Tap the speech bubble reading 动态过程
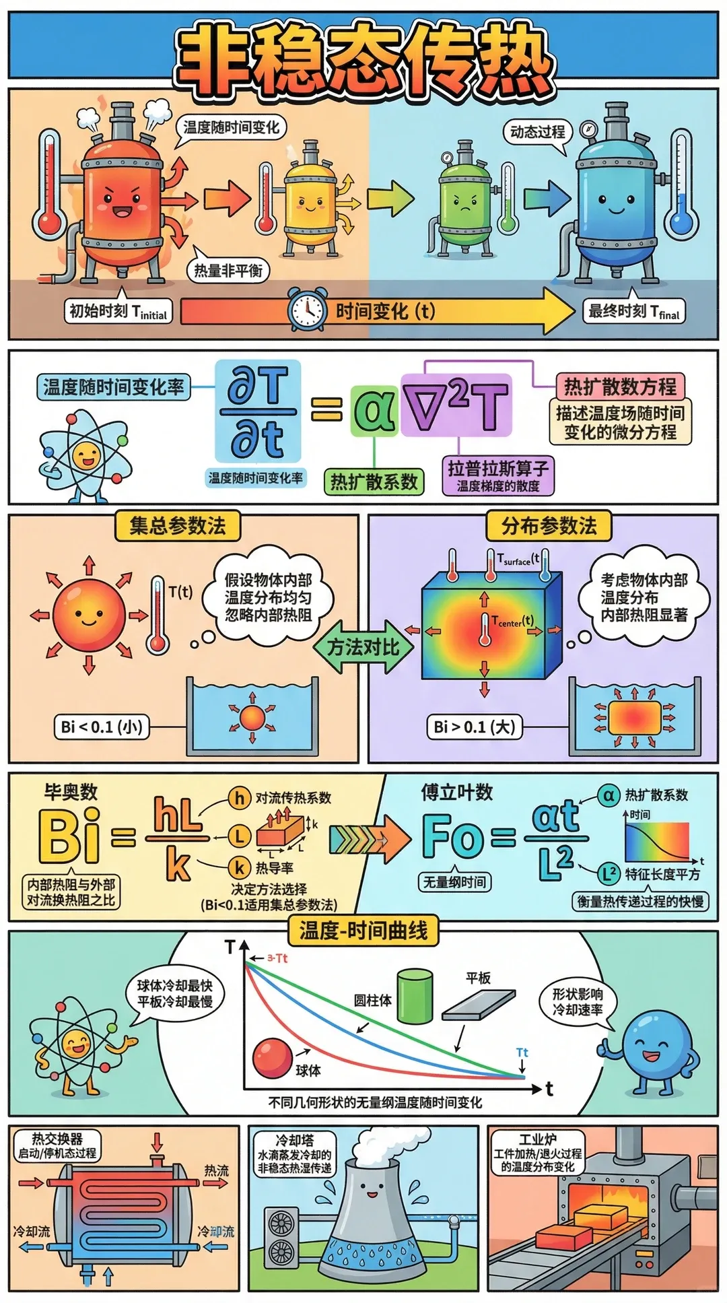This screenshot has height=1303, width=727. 537,132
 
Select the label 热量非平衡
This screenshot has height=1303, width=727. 228,271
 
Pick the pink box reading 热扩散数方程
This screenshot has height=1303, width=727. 620,387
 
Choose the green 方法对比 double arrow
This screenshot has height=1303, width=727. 363,647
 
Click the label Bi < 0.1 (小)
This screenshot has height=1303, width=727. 101,727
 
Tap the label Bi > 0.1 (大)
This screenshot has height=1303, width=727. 475,727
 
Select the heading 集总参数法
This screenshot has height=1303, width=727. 177,525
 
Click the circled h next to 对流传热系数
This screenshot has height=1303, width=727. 239,798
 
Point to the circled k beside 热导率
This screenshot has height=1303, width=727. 239,867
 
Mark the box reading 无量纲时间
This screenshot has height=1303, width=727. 454,881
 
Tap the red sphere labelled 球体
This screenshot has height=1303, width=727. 273,1058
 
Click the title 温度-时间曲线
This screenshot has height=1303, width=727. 363,931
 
